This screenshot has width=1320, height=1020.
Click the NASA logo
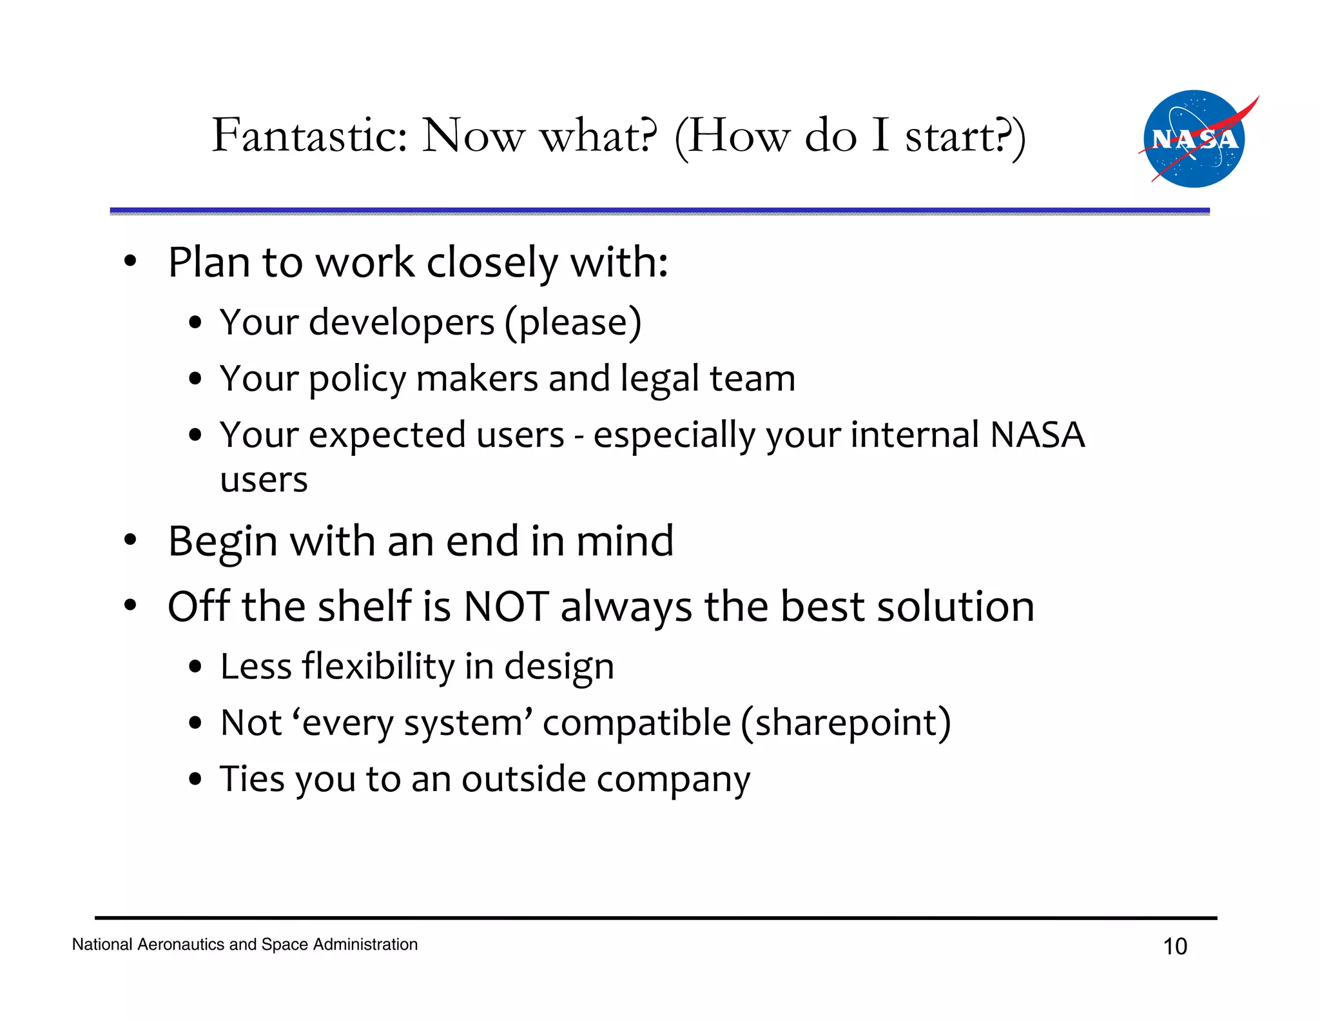click(1194, 139)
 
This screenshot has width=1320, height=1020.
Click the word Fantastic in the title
click(309, 135)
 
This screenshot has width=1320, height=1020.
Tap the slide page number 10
click(1174, 946)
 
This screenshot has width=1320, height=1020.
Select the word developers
click(401, 322)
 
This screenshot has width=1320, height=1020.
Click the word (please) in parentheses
click(573, 322)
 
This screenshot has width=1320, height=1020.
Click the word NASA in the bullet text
click(1037, 435)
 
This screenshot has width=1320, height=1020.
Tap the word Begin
click(223, 542)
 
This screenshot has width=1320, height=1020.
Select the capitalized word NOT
click(506, 607)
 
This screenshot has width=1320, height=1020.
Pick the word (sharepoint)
click(846, 723)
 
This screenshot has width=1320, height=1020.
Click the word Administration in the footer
click(365, 945)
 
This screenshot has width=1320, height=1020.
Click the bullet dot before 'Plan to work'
click(131, 262)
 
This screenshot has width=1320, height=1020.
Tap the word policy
click(358, 378)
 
